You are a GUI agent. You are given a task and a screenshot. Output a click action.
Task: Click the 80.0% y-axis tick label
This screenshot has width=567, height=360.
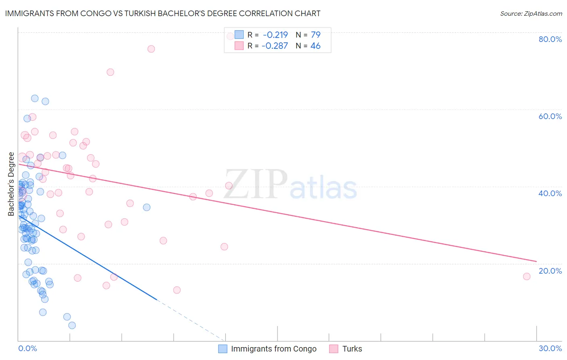click(x=550, y=39)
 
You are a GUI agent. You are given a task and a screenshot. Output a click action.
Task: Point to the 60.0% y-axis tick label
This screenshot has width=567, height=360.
click(x=550, y=116)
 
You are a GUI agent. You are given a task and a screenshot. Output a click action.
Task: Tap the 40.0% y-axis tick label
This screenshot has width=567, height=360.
click(x=550, y=193)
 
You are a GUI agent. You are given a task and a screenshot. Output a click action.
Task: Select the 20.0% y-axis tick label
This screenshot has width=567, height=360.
click(x=550, y=271)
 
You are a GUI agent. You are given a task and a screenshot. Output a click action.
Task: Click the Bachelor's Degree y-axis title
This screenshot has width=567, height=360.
click(x=11, y=184)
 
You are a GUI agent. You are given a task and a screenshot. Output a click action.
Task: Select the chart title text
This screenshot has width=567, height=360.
click(x=163, y=13)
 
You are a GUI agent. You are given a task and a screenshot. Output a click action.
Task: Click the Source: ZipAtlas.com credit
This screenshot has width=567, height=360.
click(x=531, y=13)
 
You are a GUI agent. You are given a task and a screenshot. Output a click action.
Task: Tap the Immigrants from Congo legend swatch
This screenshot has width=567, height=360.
click(x=223, y=349)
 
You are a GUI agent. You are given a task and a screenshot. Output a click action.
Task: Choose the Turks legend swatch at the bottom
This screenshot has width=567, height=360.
click(x=334, y=349)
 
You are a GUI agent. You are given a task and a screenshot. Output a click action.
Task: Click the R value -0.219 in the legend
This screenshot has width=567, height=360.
click(x=275, y=35)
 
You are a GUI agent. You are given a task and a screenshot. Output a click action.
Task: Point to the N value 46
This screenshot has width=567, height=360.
click(x=315, y=46)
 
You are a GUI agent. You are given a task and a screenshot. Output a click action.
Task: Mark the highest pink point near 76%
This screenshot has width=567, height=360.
click(x=151, y=49)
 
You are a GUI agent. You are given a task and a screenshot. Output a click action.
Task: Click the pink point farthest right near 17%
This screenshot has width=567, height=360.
click(x=527, y=276)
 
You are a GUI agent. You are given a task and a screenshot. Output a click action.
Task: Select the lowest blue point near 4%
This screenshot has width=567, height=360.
click(x=72, y=325)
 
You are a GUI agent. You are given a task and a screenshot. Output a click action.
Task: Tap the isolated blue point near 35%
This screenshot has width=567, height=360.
click(x=147, y=207)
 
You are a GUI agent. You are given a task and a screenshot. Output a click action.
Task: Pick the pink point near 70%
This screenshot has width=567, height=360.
click(x=110, y=72)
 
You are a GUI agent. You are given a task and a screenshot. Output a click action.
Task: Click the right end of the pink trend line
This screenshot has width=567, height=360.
click(x=536, y=261)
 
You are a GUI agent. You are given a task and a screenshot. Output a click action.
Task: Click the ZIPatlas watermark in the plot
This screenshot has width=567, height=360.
click(x=290, y=185)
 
